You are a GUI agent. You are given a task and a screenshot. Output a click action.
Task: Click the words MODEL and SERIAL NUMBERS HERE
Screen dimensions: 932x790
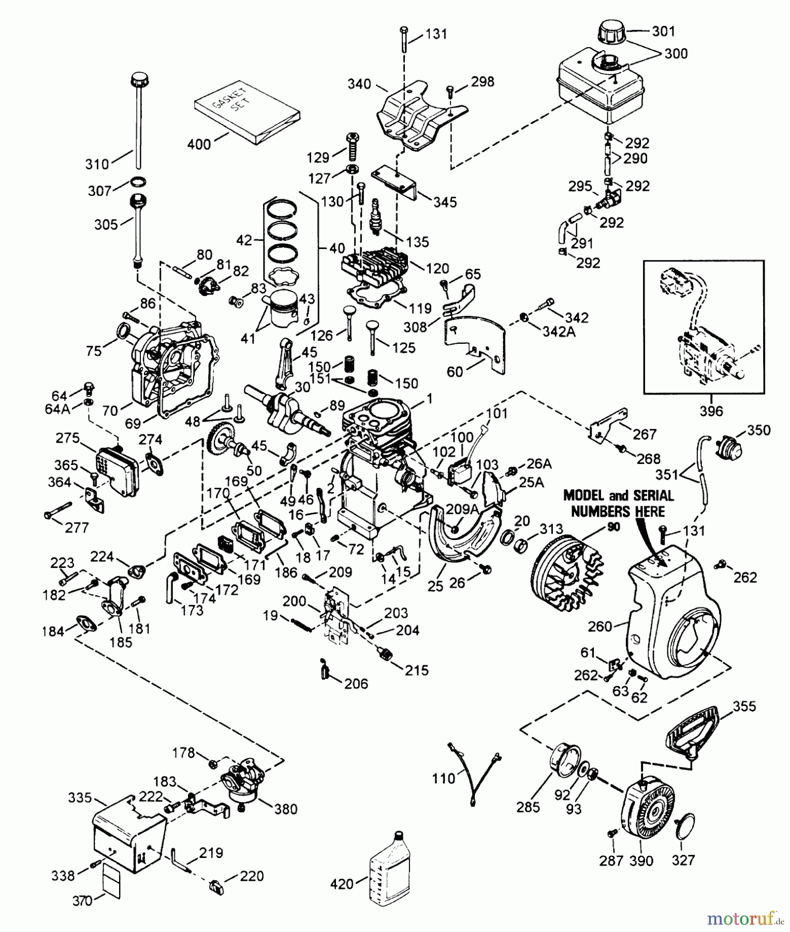619,503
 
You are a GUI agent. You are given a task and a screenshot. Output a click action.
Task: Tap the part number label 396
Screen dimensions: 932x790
710,412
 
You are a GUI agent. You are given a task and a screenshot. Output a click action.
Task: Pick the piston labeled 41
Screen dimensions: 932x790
280,311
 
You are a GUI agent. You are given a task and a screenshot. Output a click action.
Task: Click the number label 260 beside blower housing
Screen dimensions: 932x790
601,627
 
